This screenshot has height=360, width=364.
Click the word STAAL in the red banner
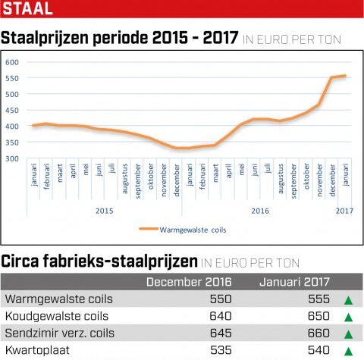27,8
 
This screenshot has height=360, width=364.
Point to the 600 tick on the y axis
12,62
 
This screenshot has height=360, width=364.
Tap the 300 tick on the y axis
12,158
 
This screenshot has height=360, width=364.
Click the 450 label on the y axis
12,111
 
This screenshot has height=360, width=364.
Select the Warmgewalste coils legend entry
183,230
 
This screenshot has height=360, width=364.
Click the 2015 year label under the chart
105,211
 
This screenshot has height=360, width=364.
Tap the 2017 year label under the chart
344,211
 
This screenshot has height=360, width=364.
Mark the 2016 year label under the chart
260,211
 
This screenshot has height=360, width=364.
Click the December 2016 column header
189,282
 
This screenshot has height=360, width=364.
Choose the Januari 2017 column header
294,282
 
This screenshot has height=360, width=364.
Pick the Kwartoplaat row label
37,350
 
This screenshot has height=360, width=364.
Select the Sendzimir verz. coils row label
60,333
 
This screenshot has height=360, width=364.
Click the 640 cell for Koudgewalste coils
221,316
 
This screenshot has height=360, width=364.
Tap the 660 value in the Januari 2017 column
318,333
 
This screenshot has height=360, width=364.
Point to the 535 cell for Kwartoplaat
221,350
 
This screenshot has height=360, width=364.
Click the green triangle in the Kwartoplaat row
349,352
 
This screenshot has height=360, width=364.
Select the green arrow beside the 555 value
349,300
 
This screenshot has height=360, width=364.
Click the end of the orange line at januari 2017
345,76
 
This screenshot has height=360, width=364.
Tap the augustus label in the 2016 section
281,179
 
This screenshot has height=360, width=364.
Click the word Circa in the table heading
20,261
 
